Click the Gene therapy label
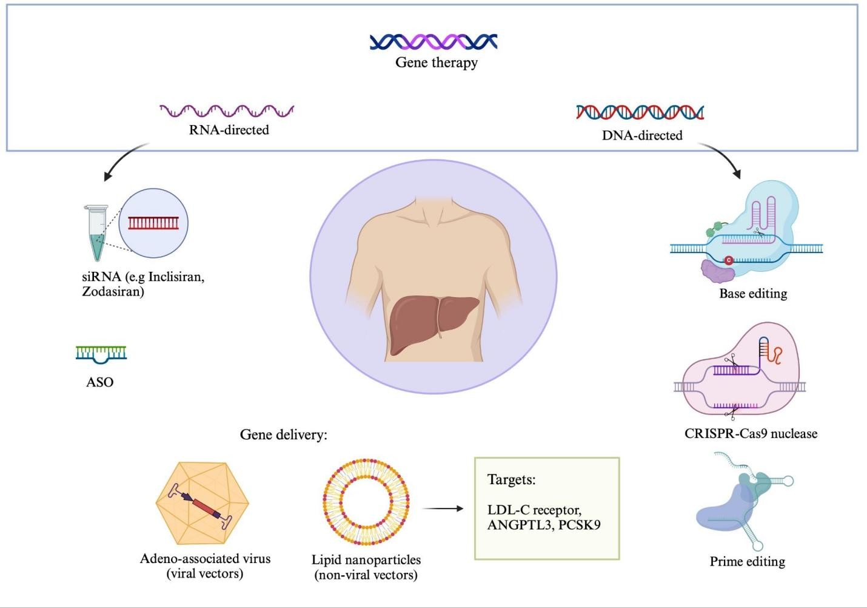click(437, 62)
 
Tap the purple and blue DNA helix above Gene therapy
click(433, 41)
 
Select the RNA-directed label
click(229, 130)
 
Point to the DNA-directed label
click(642, 135)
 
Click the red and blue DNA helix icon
click(640, 112)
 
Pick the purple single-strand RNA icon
click(227, 110)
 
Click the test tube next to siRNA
click(96, 234)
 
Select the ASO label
click(100, 382)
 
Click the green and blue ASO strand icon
click(101, 353)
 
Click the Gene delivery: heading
click(283, 434)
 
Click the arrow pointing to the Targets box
click(443, 508)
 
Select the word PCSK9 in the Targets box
click(579, 524)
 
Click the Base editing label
click(753, 294)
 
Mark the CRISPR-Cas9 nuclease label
click(751, 434)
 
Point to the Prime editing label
click(747, 562)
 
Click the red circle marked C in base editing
click(729, 260)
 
